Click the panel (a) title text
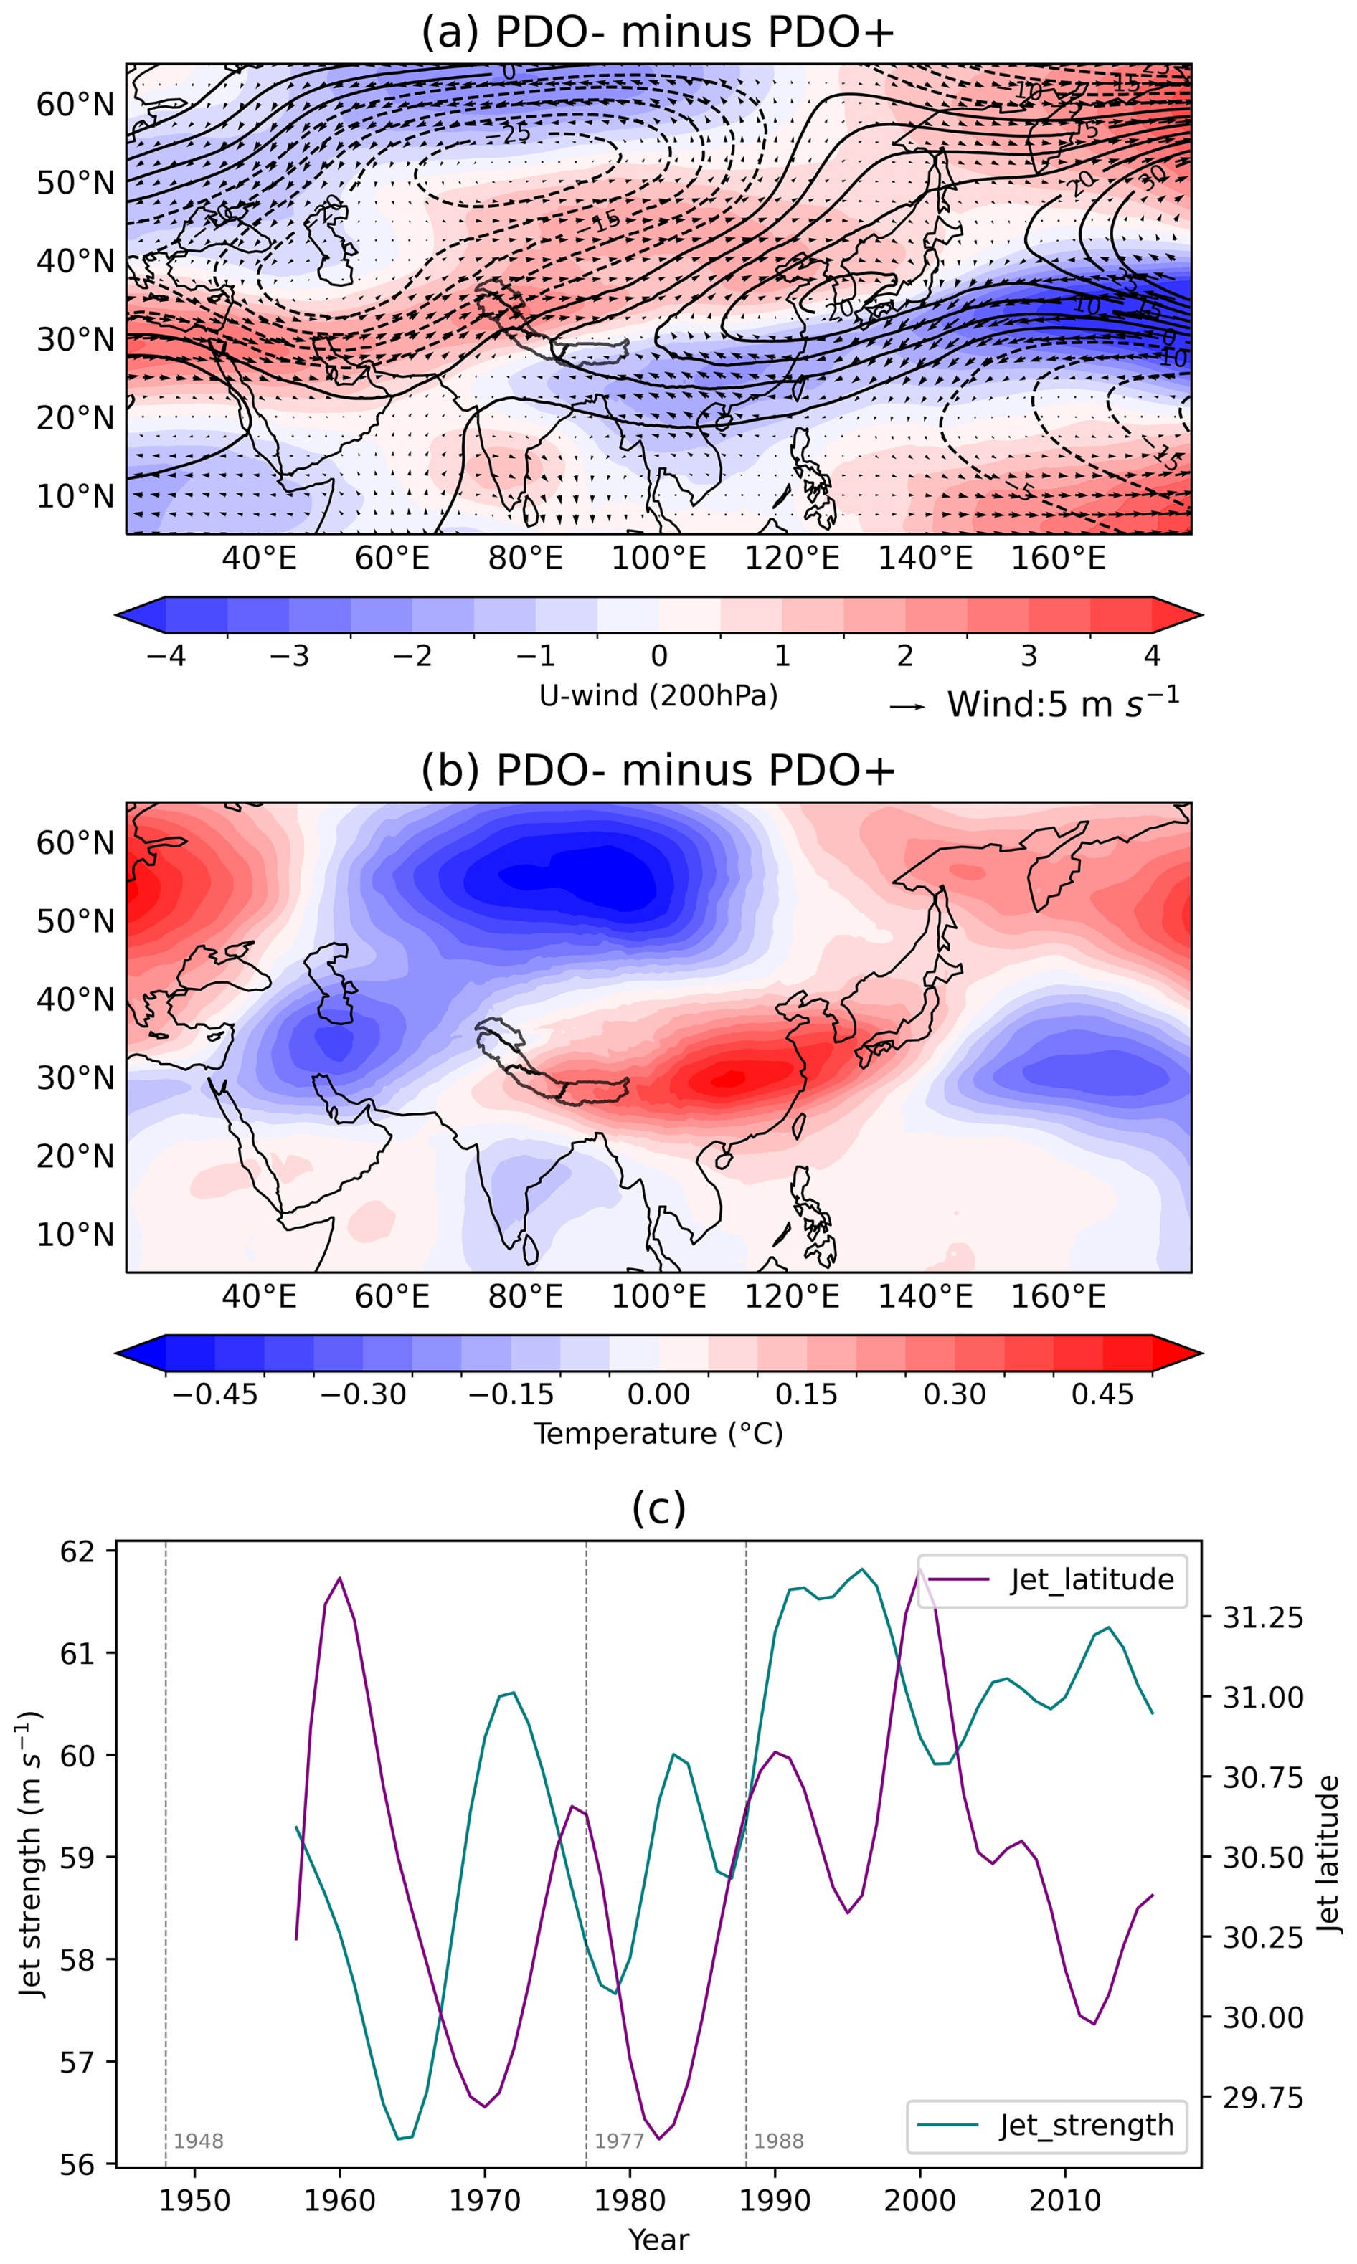click(x=658, y=32)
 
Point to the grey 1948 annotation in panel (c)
click(x=199, y=2141)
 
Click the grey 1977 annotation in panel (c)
click(x=619, y=2141)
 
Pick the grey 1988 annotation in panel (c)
click(x=779, y=2141)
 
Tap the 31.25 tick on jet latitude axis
click(x=1263, y=1617)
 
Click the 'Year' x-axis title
click(x=658, y=2240)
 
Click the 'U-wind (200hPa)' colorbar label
click(x=658, y=695)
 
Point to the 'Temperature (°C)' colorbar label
click(x=658, y=1433)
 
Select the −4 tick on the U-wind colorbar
click(x=166, y=655)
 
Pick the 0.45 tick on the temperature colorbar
click(x=1103, y=1394)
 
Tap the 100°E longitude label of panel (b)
click(x=658, y=1296)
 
